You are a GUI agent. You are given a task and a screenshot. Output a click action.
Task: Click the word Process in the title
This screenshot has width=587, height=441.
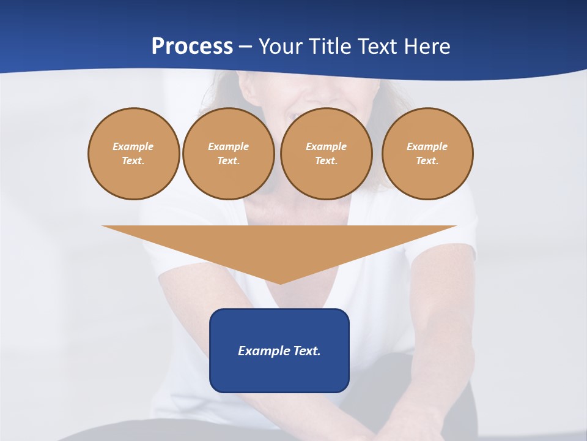[192, 47]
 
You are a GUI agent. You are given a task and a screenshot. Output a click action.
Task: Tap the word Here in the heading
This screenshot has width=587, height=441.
[426, 47]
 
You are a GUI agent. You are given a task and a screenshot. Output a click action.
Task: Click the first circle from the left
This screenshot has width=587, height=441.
[134, 154]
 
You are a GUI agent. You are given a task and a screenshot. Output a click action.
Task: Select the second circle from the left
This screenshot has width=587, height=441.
[228, 154]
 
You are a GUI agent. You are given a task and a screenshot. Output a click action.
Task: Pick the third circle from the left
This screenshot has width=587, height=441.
[326, 154]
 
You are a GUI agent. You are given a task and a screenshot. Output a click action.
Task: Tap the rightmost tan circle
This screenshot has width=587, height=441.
[427, 154]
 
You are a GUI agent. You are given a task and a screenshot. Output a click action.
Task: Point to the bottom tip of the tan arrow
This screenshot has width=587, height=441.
[280, 283]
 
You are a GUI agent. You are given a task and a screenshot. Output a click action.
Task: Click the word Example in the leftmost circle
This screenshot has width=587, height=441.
[133, 146]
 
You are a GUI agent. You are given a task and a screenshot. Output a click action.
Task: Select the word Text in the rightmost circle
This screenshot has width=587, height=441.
[427, 161]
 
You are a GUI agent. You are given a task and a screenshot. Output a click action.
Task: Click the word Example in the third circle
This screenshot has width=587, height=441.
[326, 146]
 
